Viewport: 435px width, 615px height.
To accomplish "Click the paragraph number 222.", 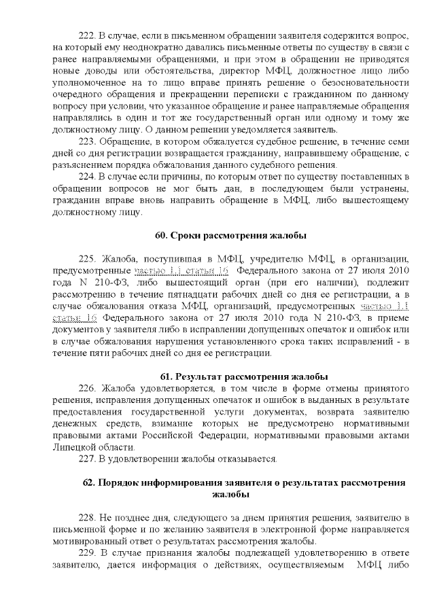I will point(88,35).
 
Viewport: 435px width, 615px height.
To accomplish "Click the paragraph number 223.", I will point(88,141).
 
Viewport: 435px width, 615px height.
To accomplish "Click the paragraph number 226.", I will point(88,388).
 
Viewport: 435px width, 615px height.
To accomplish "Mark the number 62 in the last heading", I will point(88,482).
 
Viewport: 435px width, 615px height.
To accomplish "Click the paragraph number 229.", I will point(88,554).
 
